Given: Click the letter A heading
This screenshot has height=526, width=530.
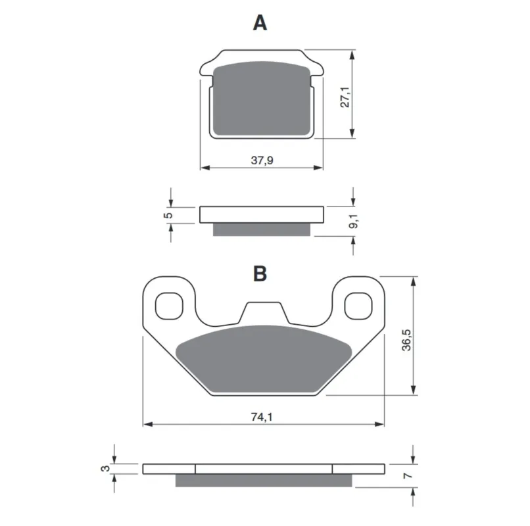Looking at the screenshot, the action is (260, 23).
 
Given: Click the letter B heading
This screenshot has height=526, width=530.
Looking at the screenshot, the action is (260, 274).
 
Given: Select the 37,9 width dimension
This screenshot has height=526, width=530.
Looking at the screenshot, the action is (262, 160).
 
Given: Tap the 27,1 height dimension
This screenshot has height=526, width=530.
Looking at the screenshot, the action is (345, 97).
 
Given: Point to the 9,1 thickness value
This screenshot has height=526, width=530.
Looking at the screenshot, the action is (354, 221).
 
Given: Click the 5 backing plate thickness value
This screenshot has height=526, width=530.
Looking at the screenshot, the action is (168, 215).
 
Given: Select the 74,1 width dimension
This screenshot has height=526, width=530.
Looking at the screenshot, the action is (262, 417).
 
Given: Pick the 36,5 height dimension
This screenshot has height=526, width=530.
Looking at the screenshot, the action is (406, 340).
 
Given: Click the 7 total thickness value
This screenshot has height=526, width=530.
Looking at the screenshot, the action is (408, 475).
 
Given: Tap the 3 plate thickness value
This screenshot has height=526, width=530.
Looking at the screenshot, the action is (105, 469).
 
